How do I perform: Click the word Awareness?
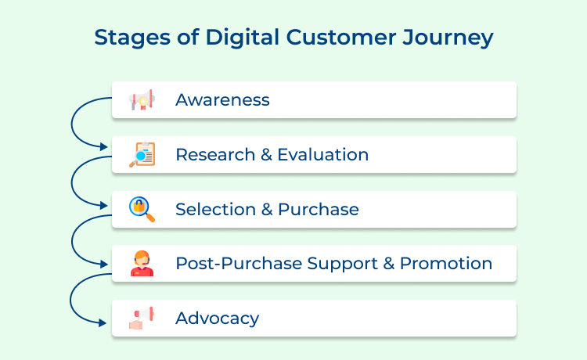tap(222, 100)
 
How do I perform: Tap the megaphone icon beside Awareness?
tap(142, 100)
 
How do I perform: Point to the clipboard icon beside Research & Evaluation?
tap(142, 154)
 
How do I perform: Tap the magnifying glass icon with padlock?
tap(142, 209)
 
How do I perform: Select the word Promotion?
tap(446, 264)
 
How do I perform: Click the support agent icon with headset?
tap(142, 264)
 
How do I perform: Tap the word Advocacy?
tap(217, 319)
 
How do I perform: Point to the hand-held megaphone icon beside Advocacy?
tap(142, 318)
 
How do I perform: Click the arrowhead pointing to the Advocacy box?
tap(106, 323)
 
